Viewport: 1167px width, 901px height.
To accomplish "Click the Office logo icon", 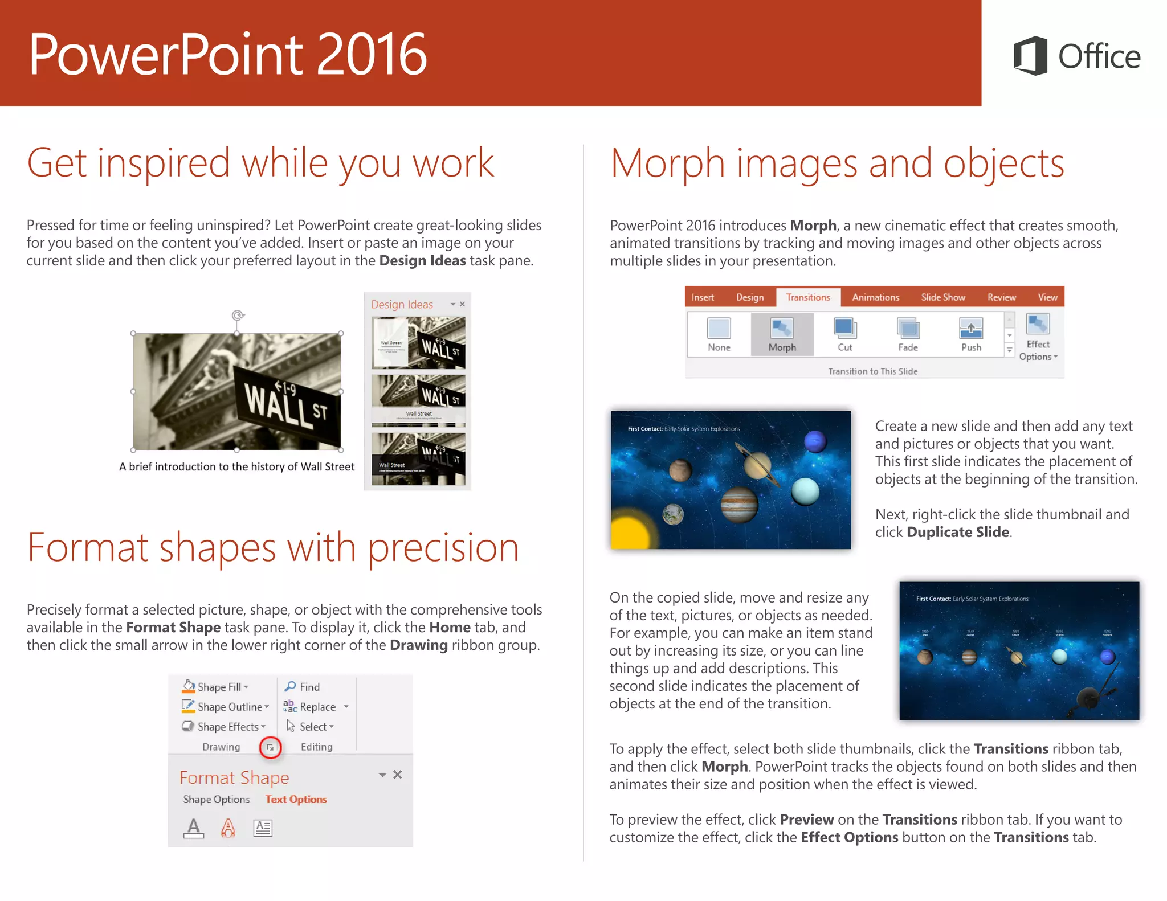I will (1030, 56).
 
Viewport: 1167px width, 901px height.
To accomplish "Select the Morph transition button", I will (782, 335).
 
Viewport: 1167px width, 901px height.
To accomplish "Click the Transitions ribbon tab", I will (807, 297).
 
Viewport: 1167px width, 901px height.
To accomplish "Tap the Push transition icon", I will (970, 329).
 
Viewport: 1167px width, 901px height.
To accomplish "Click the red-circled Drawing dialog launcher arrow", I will (271, 747).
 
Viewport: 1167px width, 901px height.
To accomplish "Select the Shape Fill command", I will (215, 687).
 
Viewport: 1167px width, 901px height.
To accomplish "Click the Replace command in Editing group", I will (317, 707).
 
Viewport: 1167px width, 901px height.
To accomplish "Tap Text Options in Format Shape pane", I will (296, 800).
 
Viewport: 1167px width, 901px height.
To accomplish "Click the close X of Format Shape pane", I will (398, 775).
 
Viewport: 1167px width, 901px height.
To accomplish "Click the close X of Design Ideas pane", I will (462, 304).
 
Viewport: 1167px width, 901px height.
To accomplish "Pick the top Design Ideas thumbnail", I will (418, 343).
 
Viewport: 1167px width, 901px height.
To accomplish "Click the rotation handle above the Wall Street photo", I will (238, 315).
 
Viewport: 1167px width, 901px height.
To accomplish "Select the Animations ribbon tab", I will (875, 297).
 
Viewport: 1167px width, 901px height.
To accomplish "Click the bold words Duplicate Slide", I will (957, 532).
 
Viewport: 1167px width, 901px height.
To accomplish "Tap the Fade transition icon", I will (908, 329).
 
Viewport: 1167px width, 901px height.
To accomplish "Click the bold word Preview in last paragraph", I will (806, 820).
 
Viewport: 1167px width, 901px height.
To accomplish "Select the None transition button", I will (719, 335).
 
